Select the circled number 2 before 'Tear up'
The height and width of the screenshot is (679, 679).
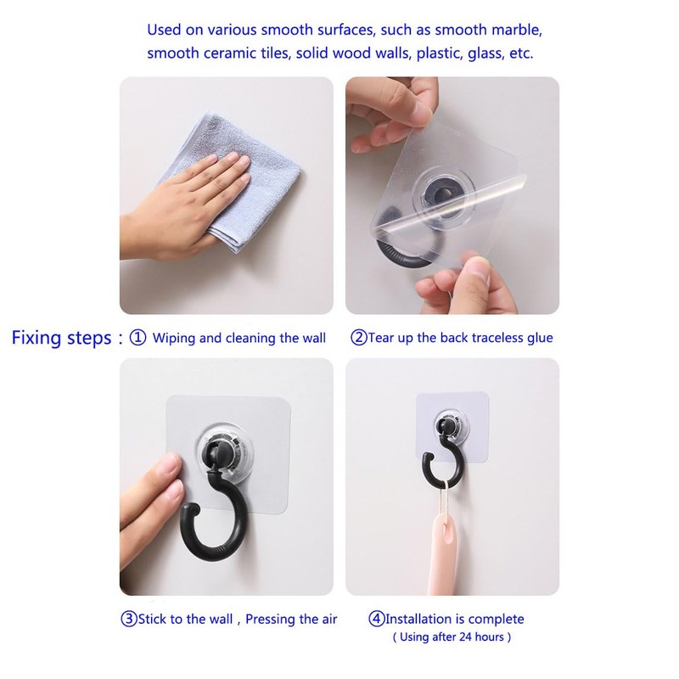pos(359,337)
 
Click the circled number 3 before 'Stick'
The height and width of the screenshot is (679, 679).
pos(128,619)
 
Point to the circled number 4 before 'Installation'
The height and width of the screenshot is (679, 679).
pos(376,619)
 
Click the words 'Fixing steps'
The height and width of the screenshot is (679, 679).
pos(60,337)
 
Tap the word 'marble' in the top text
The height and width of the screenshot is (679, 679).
pos(511,30)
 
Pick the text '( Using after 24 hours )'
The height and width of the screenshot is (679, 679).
pos(452,637)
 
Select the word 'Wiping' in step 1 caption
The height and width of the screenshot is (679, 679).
pos(174,337)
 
